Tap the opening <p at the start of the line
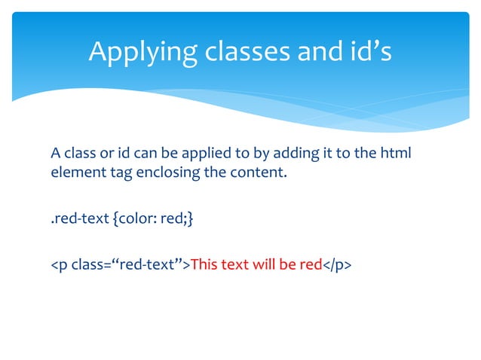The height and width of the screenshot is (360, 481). [58, 266]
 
